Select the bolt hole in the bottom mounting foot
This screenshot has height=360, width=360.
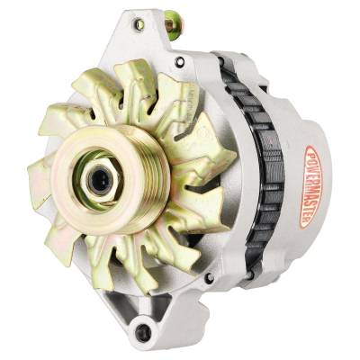point(141,332)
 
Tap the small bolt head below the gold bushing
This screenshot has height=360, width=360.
point(180,62)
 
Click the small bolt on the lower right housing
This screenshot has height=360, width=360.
point(210,277)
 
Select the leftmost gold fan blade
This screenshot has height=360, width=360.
point(40,175)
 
